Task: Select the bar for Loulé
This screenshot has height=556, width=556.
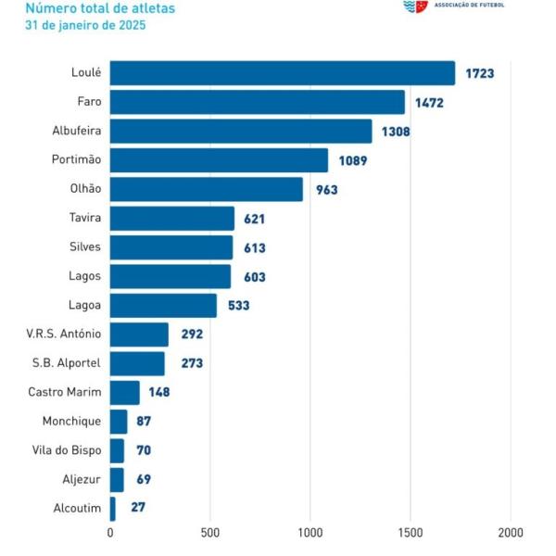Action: [x=283, y=73]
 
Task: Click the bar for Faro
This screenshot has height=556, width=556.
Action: [x=258, y=102]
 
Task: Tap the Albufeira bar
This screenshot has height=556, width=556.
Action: [x=241, y=132]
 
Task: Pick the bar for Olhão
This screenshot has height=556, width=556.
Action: [x=207, y=189]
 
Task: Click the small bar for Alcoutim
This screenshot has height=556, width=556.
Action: [x=113, y=508]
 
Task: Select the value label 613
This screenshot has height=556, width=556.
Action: [x=255, y=247]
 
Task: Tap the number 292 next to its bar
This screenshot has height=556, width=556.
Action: [x=191, y=335]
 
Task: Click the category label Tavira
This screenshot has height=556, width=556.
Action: [x=85, y=218]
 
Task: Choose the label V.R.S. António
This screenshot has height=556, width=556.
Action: [x=64, y=334]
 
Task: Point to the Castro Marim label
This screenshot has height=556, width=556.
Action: [x=65, y=392]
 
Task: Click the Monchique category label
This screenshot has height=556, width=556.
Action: [x=72, y=421]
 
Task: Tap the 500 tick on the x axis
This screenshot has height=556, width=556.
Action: [x=210, y=533]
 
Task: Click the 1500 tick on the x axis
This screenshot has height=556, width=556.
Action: [x=411, y=533]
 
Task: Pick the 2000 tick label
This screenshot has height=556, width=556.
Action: [x=511, y=533]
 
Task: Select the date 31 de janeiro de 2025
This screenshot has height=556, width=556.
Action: [x=85, y=25]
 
